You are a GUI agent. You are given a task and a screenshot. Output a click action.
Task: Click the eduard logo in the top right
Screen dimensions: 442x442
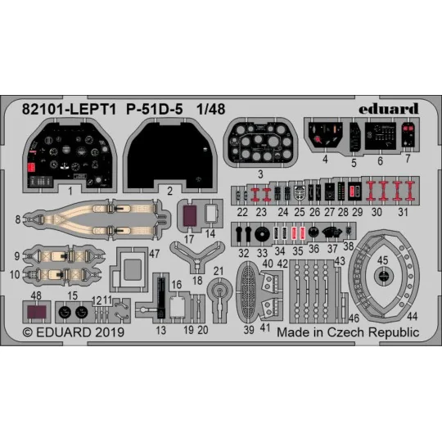(x=391, y=109)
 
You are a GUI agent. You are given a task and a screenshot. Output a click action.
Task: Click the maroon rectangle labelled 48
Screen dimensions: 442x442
(x=34, y=312)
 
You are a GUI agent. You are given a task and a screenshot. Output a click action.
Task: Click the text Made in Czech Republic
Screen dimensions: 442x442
(x=347, y=333)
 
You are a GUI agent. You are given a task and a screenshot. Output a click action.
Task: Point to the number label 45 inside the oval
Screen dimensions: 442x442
(x=382, y=261)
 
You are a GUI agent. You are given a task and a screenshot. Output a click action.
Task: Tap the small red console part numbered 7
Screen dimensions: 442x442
(x=408, y=137)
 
